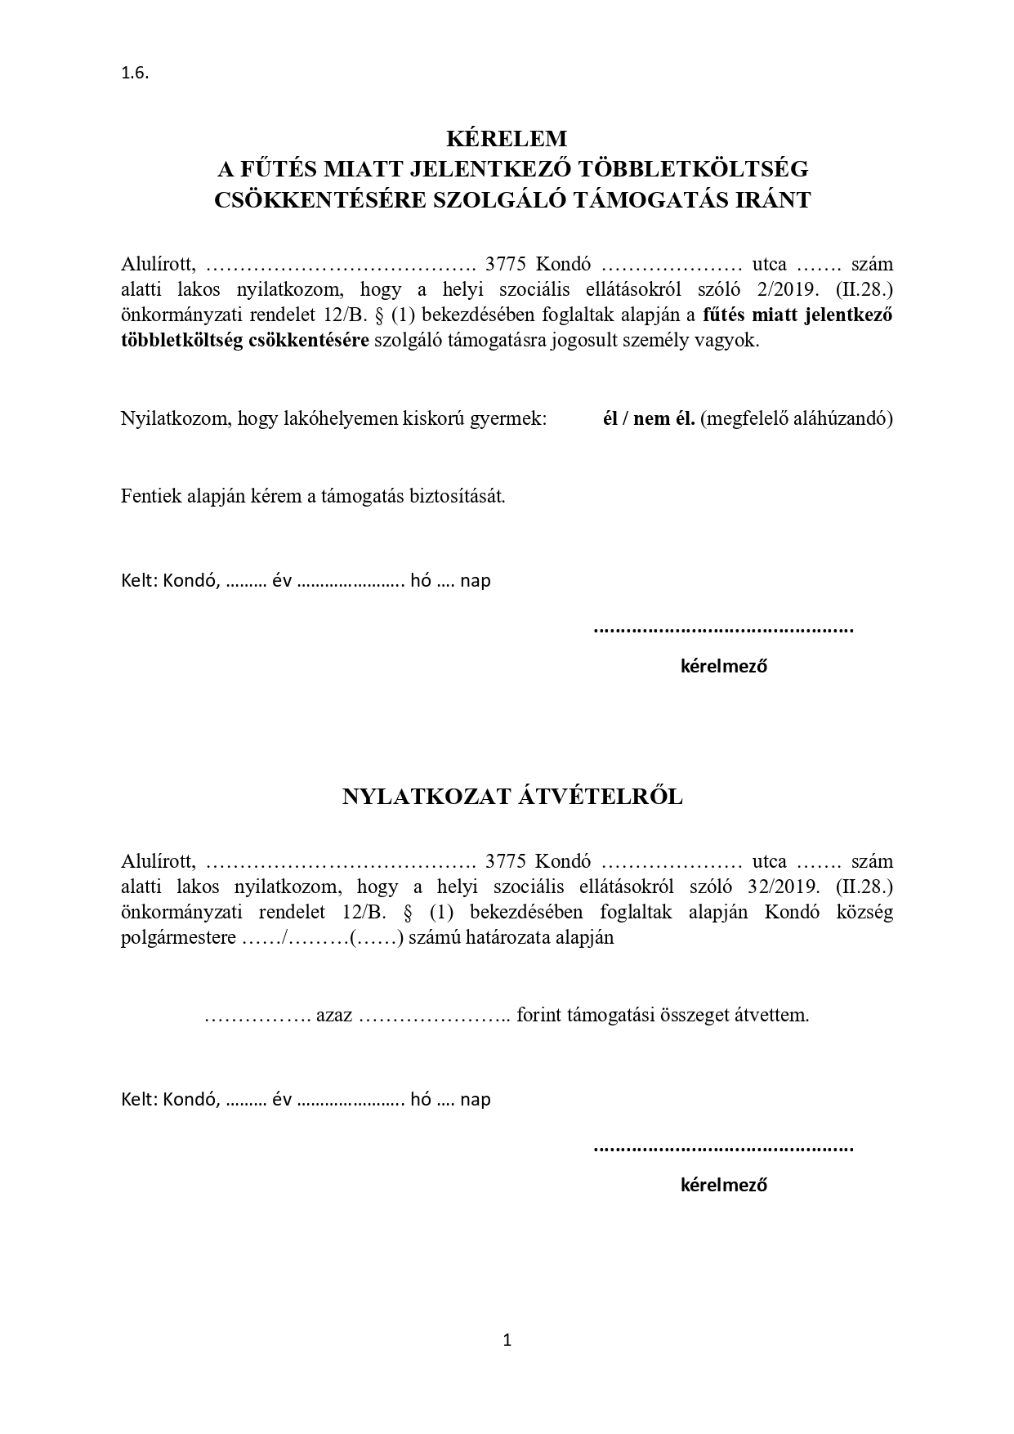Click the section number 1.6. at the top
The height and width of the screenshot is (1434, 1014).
(135, 73)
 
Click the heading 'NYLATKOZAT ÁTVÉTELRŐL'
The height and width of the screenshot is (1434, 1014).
(512, 797)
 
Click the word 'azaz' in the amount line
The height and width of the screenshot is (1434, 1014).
(334, 1016)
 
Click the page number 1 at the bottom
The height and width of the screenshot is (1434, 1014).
(507, 1339)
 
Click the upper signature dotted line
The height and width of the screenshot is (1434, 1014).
(723, 630)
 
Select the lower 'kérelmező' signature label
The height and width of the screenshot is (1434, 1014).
(723, 1185)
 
